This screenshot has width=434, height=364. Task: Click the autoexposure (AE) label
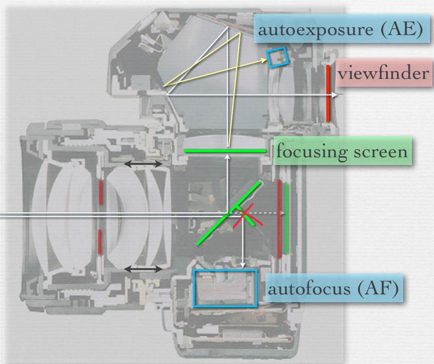coord(341,30)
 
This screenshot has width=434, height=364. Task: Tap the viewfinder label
coord(383,73)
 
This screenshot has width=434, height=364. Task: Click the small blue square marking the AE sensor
coord(277,57)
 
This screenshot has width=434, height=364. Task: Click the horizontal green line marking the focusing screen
coord(225,151)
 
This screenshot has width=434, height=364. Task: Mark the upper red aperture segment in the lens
coord(101,191)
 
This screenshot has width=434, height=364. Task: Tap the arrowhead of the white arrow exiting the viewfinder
coord(336,95)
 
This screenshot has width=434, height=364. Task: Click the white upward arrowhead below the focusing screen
coord(227,159)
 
